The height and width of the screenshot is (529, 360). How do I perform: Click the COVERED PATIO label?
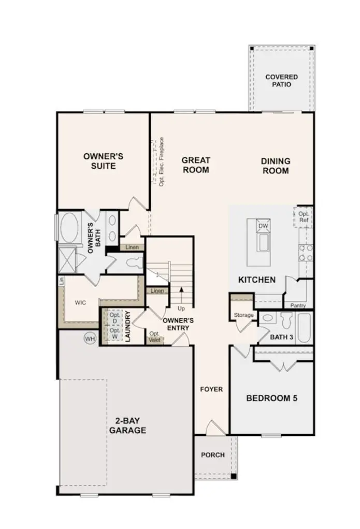(281, 81)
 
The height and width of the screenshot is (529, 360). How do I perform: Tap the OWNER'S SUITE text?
(103, 161)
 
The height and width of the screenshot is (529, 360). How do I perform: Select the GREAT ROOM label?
(196, 165)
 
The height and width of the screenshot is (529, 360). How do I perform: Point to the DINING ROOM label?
(276, 166)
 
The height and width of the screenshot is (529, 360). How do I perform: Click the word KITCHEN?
(257, 280)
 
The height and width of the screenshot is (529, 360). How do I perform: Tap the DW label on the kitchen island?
(263, 226)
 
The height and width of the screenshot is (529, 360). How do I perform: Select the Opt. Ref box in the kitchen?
(304, 216)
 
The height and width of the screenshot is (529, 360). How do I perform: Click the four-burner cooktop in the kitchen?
(306, 252)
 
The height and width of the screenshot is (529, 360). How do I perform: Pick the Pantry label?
(298, 306)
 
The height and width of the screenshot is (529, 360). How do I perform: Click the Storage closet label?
(243, 315)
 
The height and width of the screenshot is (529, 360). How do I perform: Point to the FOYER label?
(211, 389)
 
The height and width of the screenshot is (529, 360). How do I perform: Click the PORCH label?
(213, 455)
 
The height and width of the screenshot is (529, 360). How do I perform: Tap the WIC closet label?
(80, 301)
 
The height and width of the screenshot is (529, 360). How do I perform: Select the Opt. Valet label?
(154, 336)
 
